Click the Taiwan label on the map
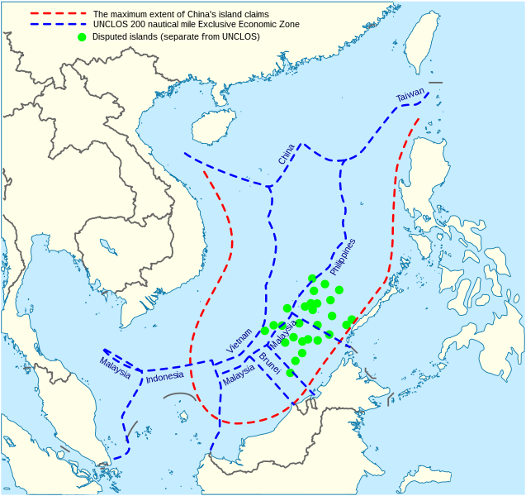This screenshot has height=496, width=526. click(410, 96)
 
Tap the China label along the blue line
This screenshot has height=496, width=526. click(286, 154)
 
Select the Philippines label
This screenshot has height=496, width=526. click(343, 257)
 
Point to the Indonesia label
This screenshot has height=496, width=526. click(164, 379)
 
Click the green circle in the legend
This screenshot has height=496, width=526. click(81, 36)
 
